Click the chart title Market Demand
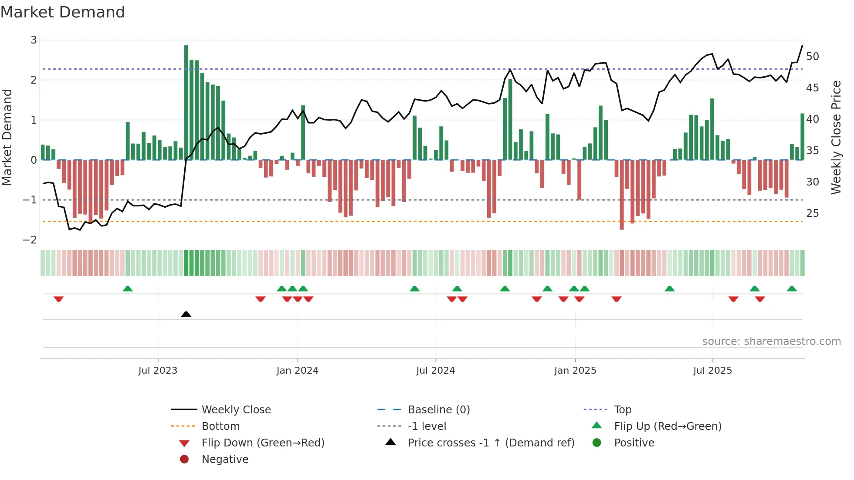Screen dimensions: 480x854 63,12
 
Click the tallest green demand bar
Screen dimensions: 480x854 186,102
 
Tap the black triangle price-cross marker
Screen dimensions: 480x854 186,314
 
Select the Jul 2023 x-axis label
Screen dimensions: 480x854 158,371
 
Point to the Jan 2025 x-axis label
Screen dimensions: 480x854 575,371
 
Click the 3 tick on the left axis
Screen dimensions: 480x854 34,40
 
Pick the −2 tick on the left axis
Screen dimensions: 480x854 30,240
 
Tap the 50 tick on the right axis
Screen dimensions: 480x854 812,57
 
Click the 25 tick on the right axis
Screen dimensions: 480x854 812,213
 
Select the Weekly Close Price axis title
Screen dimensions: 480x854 836,137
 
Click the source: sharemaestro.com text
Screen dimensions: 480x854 771,341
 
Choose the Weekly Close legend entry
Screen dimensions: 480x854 236,410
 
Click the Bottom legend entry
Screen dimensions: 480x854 220,426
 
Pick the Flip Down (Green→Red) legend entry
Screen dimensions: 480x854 263,443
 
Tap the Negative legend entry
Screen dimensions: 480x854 225,460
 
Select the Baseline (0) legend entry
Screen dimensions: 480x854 439,410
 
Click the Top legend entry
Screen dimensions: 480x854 623,410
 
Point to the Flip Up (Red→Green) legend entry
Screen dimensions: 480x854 668,426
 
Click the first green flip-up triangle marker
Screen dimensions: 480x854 128,289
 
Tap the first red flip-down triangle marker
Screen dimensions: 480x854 59,299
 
